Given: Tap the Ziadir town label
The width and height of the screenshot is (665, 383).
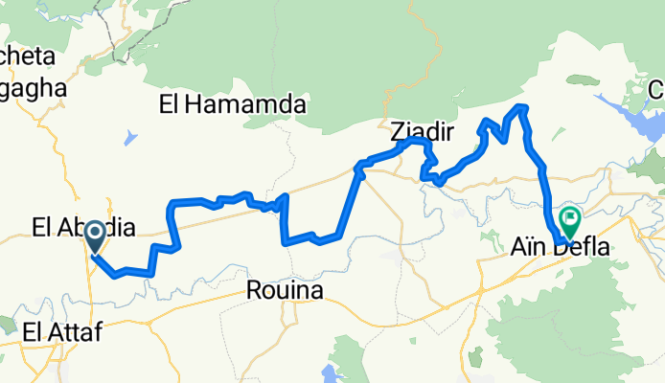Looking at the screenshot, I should coord(422,130).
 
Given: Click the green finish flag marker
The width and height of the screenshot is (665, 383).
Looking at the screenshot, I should coord(569,222).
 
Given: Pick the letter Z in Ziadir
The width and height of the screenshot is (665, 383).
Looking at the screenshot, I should coord(398,130).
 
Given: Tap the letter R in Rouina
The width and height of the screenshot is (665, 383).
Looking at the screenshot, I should coord(253,289).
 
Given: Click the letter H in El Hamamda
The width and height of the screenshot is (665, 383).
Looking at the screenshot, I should coord(195,104).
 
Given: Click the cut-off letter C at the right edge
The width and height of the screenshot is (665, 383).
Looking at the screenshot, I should coord(657,90).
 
